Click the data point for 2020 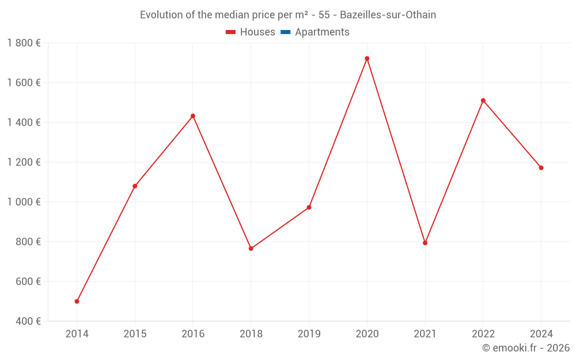pyautogui.click(x=367, y=59)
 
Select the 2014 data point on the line pyautogui.click(x=77, y=301)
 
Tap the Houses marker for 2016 pyautogui.click(x=193, y=116)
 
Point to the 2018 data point pyautogui.click(x=251, y=248)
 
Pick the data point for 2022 pyautogui.click(x=483, y=100)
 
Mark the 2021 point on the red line pyautogui.click(x=425, y=243)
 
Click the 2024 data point pyautogui.click(x=541, y=168)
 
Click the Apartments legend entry pyautogui.click(x=322, y=32)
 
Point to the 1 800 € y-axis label pyautogui.click(x=24, y=43)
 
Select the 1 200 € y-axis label pyautogui.click(x=24, y=162)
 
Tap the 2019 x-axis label pyautogui.click(x=309, y=334)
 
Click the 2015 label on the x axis pyautogui.click(x=135, y=334)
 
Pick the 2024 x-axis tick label pyautogui.click(x=541, y=334)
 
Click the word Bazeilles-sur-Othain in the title pyautogui.click(x=388, y=15)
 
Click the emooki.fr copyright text pyautogui.click(x=526, y=348)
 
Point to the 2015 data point pyautogui.click(x=135, y=186)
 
